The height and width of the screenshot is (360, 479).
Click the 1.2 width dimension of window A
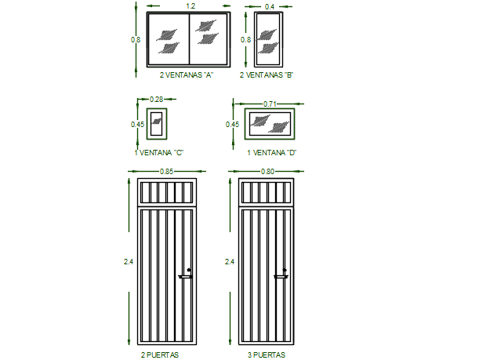[191, 6]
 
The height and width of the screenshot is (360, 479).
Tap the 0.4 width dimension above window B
[270, 6]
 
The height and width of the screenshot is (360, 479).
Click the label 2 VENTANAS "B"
[266, 75]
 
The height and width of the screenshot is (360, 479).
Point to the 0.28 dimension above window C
[156, 100]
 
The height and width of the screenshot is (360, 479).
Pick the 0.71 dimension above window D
[270, 104]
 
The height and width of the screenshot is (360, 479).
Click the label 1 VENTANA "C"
[158, 152]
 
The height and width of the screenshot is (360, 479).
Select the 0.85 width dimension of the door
[165, 172]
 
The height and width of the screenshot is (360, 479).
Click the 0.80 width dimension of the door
[268, 172]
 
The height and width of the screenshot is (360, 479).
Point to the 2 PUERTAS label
[161, 355]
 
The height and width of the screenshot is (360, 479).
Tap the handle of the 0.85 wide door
[187, 275]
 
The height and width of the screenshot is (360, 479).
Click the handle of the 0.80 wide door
[282, 275]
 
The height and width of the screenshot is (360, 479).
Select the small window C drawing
[157, 124]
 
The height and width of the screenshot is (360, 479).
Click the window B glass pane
[269, 38]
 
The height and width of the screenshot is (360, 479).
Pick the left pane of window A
[169, 39]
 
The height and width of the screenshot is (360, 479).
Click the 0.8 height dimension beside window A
[136, 38]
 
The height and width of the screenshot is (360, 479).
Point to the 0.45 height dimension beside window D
[232, 124]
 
